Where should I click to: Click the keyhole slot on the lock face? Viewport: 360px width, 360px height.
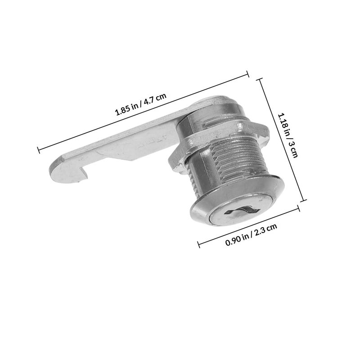tap(242, 211)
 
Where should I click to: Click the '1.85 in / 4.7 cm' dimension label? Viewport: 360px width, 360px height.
tap(140, 105)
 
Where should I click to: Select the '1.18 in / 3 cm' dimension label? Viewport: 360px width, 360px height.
tap(288, 135)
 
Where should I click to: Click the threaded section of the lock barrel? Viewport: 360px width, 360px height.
tap(239, 159)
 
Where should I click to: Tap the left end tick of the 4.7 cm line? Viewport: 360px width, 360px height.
tap(38, 150)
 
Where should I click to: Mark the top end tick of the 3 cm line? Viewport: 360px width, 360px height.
tap(259, 79)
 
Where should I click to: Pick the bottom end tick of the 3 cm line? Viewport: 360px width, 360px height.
tap(303, 200)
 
